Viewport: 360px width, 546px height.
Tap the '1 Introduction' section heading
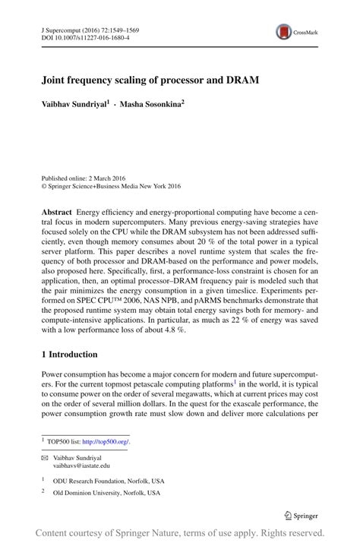(x=69, y=354)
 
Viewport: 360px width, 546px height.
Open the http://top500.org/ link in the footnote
(x=106, y=440)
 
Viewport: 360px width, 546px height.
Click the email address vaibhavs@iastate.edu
(x=81, y=466)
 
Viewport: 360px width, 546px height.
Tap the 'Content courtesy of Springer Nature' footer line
(x=180, y=532)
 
